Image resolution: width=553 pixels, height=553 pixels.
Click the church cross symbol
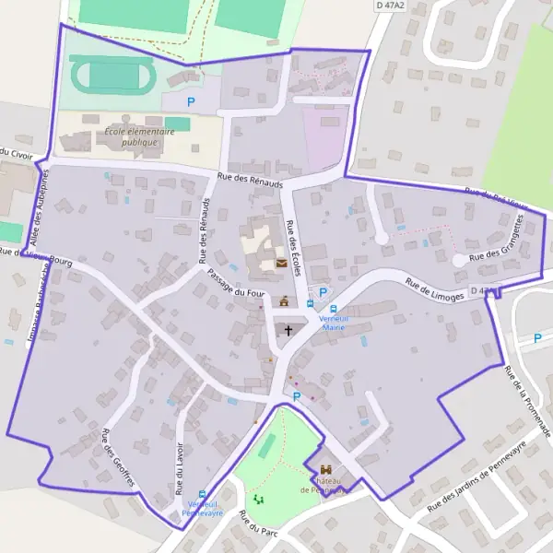[x=288, y=330]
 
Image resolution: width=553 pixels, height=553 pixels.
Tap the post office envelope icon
[x=280, y=265]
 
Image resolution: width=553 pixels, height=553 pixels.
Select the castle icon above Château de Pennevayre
[x=325, y=470]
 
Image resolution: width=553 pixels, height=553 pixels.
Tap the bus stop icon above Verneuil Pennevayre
[x=203, y=493]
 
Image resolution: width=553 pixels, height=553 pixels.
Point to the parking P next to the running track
[x=192, y=102]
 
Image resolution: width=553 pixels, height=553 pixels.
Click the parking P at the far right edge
[x=537, y=338]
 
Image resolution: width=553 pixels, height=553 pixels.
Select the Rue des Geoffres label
[x=119, y=459]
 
